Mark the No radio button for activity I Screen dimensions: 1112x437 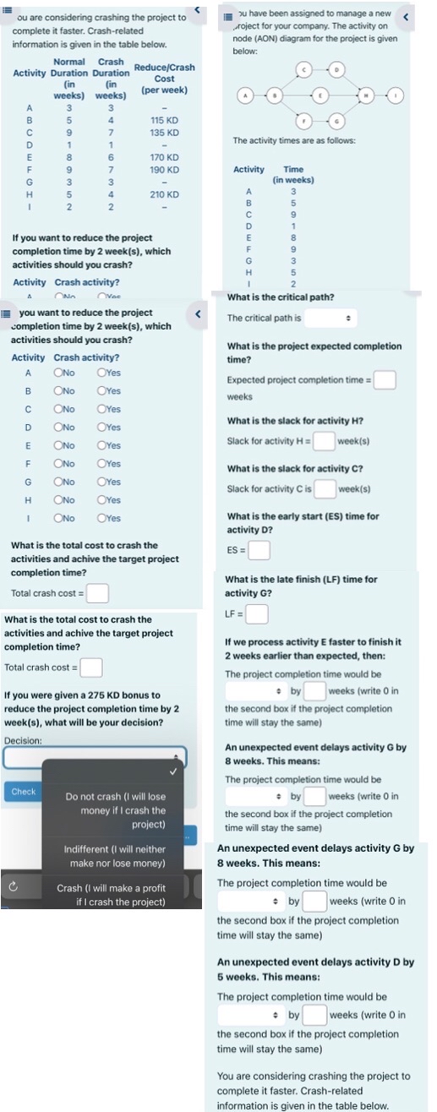[x=59, y=518]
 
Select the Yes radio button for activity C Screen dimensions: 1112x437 [x=102, y=409]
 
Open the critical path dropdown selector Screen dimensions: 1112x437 [x=330, y=319]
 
